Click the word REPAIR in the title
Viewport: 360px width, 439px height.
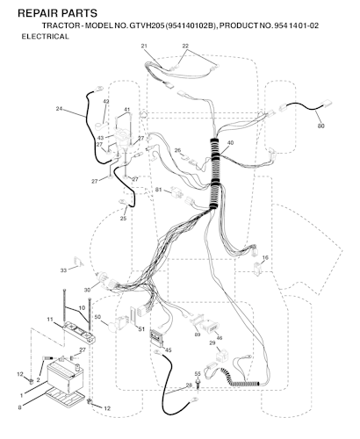coord(38,13)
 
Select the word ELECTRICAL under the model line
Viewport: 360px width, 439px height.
coord(46,37)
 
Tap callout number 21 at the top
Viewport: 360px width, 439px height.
coord(144,46)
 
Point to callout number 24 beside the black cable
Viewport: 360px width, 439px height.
coord(59,109)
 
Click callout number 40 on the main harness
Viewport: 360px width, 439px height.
coord(230,143)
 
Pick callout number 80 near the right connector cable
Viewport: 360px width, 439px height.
coord(320,126)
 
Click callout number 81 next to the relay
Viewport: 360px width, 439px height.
coord(158,190)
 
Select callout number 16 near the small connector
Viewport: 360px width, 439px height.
coord(265,257)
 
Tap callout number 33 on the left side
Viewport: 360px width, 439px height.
coord(63,270)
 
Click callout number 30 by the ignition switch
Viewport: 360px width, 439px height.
coord(87,290)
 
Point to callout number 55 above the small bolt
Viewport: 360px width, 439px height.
coord(198,374)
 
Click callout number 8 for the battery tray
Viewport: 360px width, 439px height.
coord(19,407)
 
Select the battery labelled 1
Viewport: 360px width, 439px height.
coord(65,377)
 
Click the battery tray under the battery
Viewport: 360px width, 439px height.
coord(65,397)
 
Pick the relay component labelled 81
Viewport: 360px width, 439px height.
coord(176,192)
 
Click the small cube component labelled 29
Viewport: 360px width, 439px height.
coord(221,355)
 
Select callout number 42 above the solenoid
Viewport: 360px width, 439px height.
coord(106,102)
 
